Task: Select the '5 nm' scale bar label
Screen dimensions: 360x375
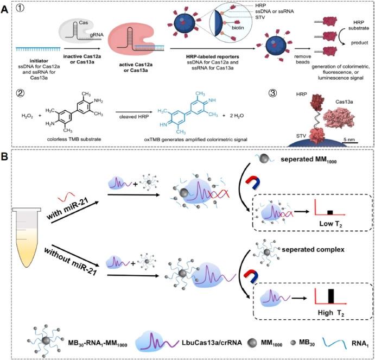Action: (357, 141)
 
